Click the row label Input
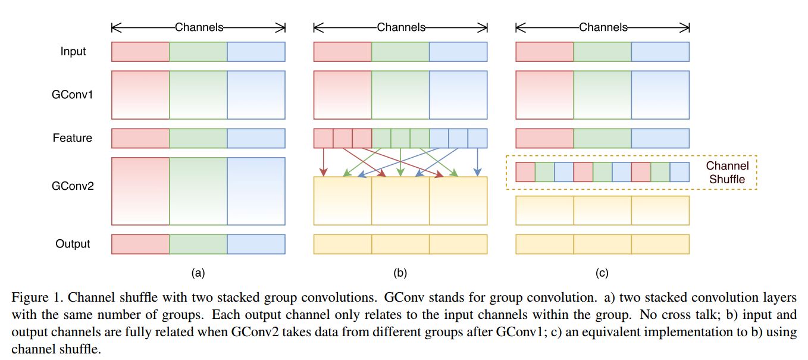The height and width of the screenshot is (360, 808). point(73,52)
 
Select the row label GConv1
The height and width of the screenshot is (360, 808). point(73,95)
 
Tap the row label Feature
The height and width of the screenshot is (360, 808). point(73,138)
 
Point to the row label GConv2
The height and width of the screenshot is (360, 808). point(73,186)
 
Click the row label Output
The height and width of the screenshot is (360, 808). point(73,244)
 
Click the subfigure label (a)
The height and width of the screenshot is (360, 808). point(198,273)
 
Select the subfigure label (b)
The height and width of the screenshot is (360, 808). point(400,273)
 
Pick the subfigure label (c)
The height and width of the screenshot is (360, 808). point(602,273)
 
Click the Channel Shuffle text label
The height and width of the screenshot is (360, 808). point(727,173)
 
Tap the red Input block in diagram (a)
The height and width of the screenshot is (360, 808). point(140,52)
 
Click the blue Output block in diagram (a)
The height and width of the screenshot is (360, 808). point(256,244)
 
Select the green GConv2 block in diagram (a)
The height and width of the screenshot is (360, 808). point(198,191)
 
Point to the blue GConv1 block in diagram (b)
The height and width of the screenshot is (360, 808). point(458,95)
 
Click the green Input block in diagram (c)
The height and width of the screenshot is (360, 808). point(602,52)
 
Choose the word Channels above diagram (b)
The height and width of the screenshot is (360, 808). point(401,27)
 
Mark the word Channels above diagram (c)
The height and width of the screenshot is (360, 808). point(603,27)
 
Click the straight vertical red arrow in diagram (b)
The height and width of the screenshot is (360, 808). point(323,162)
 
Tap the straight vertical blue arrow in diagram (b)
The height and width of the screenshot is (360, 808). point(477,162)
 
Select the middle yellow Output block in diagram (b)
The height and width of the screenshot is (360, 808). point(400,244)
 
